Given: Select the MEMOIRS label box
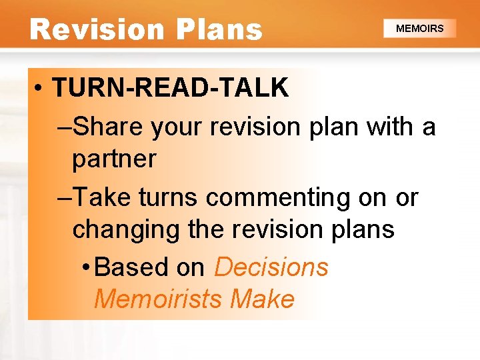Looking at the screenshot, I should pyautogui.click(x=420, y=29).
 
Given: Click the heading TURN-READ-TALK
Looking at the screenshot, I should pyautogui.click(x=171, y=88).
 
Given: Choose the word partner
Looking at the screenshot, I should pyautogui.click(x=114, y=159).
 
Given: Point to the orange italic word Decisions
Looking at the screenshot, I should pyautogui.click(x=271, y=267).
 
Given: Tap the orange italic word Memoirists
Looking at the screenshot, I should pyautogui.click(x=158, y=299).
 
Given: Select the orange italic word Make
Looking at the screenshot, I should pyautogui.click(x=262, y=299).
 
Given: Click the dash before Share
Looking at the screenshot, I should pyautogui.click(x=64, y=125).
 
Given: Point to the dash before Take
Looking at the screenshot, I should pyautogui.click(x=64, y=197).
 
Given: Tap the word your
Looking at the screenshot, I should pyautogui.click(x=173, y=125).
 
